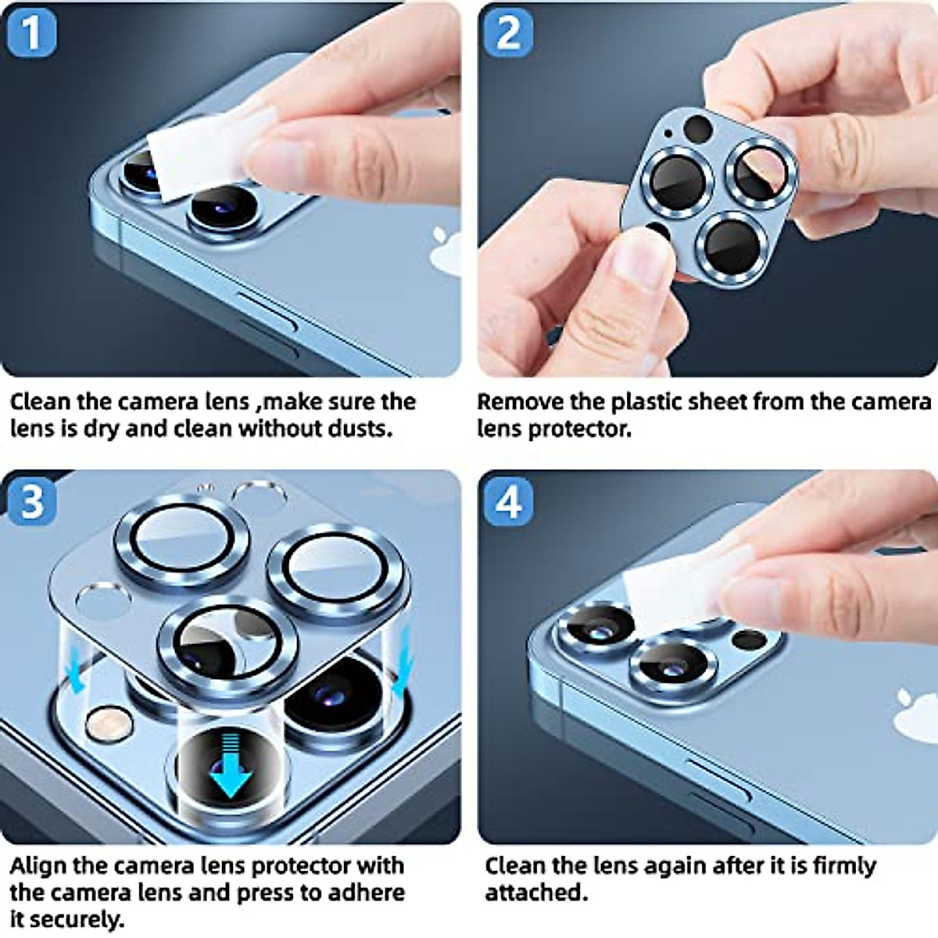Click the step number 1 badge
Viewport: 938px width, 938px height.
pos(31,33)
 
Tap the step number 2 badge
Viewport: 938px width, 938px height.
pos(508,33)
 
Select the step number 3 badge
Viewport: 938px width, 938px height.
pos(31,500)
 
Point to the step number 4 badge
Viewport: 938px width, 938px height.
pos(508,500)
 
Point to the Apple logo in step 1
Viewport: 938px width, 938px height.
pos(447,242)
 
